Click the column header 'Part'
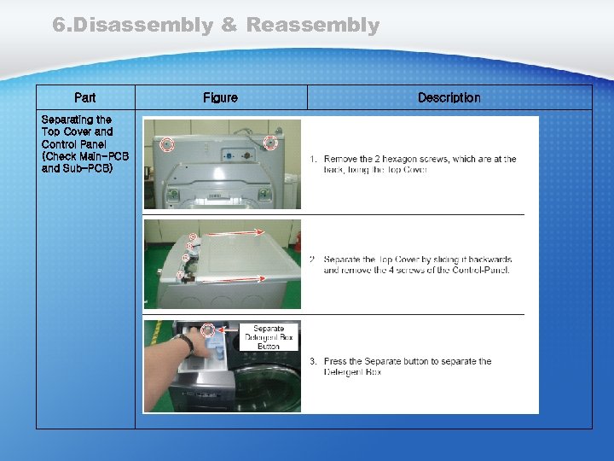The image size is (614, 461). (85, 98)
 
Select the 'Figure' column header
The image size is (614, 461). (220, 98)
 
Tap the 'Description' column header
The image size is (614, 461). (449, 98)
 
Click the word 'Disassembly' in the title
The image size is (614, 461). (143, 26)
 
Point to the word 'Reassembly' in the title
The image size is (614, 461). (313, 26)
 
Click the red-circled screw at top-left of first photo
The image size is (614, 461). (167, 143)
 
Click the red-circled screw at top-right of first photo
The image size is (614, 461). (270, 142)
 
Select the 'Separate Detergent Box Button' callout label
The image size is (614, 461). (268, 337)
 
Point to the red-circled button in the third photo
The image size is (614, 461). (207, 329)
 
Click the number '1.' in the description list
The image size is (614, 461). (313, 160)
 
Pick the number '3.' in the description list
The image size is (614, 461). (313, 362)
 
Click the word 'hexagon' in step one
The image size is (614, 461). (411, 160)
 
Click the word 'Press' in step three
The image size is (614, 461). (335, 362)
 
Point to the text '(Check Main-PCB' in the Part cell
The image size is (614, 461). (85, 156)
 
